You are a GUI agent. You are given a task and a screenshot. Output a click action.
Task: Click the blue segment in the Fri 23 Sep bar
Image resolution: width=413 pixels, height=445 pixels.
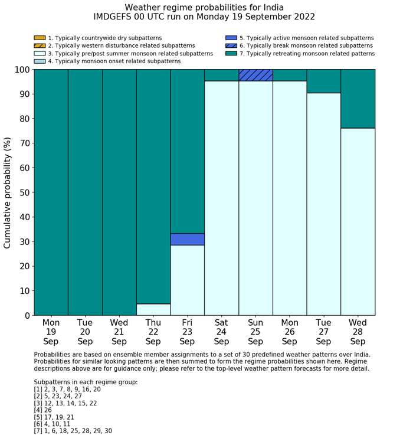(x=187, y=239)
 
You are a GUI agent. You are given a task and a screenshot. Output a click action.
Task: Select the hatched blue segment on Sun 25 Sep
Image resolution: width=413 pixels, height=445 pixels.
(x=255, y=75)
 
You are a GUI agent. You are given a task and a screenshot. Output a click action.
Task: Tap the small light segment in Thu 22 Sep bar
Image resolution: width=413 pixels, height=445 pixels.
(x=153, y=309)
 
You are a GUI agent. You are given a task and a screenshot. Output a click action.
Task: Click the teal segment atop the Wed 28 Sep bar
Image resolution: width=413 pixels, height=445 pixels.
(x=358, y=99)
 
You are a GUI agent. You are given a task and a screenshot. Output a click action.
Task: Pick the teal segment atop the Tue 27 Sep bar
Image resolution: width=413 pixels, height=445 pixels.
(x=323, y=81)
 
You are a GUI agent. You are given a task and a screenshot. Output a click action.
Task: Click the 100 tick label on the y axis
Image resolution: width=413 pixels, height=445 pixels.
(x=22, y=70)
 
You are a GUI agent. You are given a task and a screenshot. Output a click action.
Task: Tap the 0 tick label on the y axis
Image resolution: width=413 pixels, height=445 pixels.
(x=27, y=316)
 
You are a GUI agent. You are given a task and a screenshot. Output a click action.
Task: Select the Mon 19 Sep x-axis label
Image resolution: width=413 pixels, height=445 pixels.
(x=51, y=332)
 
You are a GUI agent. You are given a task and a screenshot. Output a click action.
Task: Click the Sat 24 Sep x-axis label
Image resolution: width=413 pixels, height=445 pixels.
(x=221, y=332)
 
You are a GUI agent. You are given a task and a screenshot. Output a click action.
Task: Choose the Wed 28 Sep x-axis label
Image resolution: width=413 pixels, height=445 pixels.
(x=358, y=332)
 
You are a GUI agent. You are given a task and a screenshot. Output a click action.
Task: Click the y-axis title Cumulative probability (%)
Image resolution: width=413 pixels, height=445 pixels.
(x=8, y=192)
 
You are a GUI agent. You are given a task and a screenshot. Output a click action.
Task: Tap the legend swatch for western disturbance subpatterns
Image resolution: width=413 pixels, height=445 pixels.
(x=40, y=45)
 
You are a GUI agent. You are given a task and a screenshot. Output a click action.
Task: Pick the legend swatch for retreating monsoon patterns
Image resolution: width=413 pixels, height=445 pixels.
(x=231, y=53)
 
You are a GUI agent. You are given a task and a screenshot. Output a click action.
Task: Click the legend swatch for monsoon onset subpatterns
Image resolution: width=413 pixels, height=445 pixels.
(x=40, y=61)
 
